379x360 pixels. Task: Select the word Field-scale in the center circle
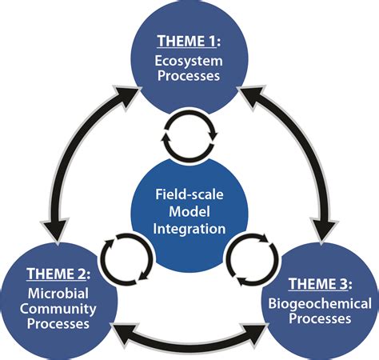[x=189, y=193]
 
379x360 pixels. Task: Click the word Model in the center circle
[x=189, y=210]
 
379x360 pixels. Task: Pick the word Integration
[x=189, y=229]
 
